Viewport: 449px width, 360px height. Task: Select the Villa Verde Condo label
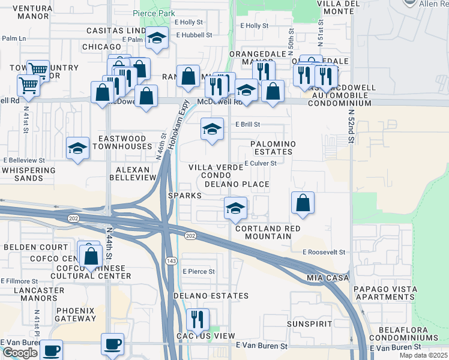point(207,171)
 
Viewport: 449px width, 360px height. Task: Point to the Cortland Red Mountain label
point(267,233)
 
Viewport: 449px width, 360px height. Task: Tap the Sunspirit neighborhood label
point(306,323)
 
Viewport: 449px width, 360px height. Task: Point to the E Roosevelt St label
point(324,253)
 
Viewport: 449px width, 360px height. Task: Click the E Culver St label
point(260,163)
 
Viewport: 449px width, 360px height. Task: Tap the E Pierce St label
point(199,272)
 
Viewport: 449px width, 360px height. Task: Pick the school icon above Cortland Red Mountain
point(235,208)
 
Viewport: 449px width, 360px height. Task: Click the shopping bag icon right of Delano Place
point(303,202)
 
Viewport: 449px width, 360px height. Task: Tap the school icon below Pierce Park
point(157,39)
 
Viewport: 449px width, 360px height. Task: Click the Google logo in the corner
point(20,353)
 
